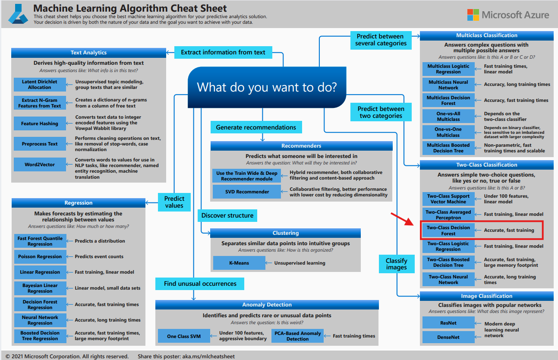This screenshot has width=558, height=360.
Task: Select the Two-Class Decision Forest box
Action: coord(448,231)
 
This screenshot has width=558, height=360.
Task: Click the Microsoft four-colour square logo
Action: coord(473,15)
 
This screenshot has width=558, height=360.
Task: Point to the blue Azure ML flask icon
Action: coord(18,15)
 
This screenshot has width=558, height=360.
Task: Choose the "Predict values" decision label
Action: coord(174,202)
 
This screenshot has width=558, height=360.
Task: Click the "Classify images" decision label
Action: coord(396,264)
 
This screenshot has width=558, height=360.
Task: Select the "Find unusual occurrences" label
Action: coord(200,284)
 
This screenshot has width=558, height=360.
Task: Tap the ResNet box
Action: coord(448,323)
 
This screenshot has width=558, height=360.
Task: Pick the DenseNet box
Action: coord(448,337)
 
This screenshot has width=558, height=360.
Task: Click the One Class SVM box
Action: coord(183,336)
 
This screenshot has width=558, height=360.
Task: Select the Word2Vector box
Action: coord(40,164)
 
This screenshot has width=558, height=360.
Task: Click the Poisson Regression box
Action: coord(40,257)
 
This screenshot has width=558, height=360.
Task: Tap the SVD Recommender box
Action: coord(247,192)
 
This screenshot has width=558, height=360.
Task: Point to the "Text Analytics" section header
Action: coord(88,53)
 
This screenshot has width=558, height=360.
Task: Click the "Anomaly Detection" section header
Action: coord(267,305)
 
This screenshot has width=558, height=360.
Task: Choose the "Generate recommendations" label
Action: coord(256,127)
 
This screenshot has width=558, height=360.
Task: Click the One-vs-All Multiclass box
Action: coord(448,116)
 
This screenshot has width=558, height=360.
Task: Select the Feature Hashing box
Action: coord(40,123)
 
